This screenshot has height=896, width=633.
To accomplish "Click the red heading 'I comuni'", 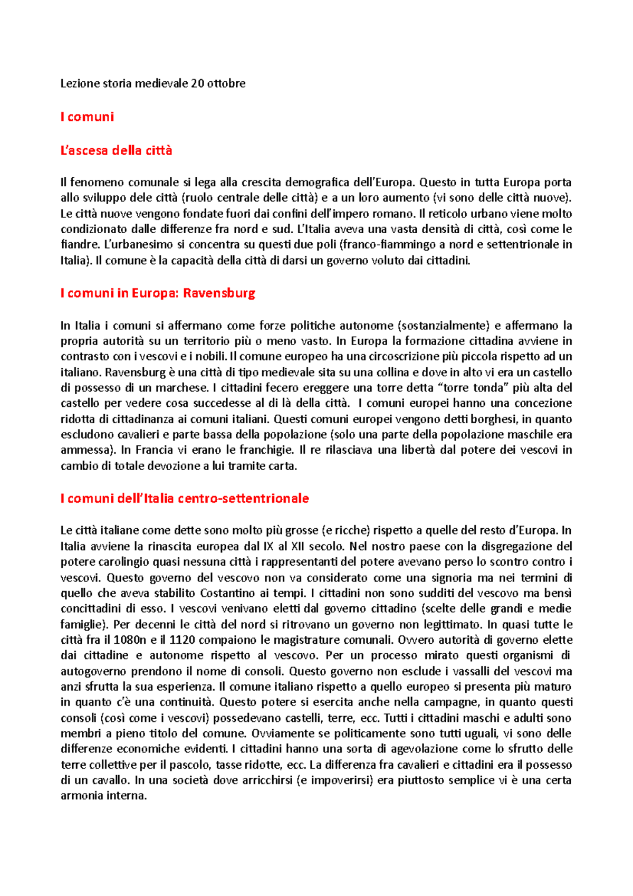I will pyautogui.click(x=87, y=117).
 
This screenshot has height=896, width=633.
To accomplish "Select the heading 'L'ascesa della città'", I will pyautogui.click(x=116, y=150).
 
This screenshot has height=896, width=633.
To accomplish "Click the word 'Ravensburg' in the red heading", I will pyautogui.click(x=219, y=293).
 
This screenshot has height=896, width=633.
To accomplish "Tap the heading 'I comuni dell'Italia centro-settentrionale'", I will pyautogui.click(x=185, y=498).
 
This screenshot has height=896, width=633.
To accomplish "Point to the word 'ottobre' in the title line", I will pyautogui.click(x=226, y=83).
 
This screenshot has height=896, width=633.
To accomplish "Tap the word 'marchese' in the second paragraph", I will pyautogui.click(x=185, y=388).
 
